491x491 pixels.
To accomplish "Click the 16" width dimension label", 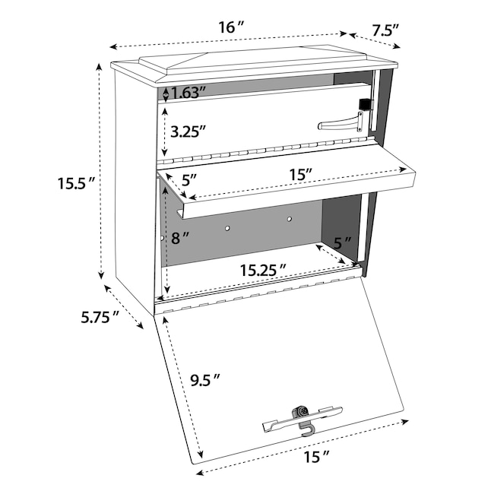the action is click(231, 27).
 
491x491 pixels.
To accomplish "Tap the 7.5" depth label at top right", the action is click(385, 30).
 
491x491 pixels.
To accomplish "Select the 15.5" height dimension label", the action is click(76, 183).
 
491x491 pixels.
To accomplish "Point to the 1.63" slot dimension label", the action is click(188, 93).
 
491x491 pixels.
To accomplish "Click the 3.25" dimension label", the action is click(188, 131).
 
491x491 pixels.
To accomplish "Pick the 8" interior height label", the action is click(180, 238).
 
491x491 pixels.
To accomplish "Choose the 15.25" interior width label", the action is click(263, 270).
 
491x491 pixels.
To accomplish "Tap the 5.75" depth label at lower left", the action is click(100, 317).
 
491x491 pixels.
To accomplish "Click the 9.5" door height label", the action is click(205, 380).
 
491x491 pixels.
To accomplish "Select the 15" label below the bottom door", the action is click(317, 458).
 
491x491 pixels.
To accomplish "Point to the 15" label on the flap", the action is click(301, 174).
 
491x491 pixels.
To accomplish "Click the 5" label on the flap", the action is click(189, 180).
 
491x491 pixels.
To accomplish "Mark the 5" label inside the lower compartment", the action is click(342, 242).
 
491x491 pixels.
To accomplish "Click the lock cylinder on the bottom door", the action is click(303, 411).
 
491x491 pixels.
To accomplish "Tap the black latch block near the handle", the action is click(365, 104).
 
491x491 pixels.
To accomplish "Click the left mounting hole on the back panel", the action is click(228, 228).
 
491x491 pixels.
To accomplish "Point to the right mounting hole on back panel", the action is click(290, 219).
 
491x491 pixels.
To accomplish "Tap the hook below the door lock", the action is click(306, 429).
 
